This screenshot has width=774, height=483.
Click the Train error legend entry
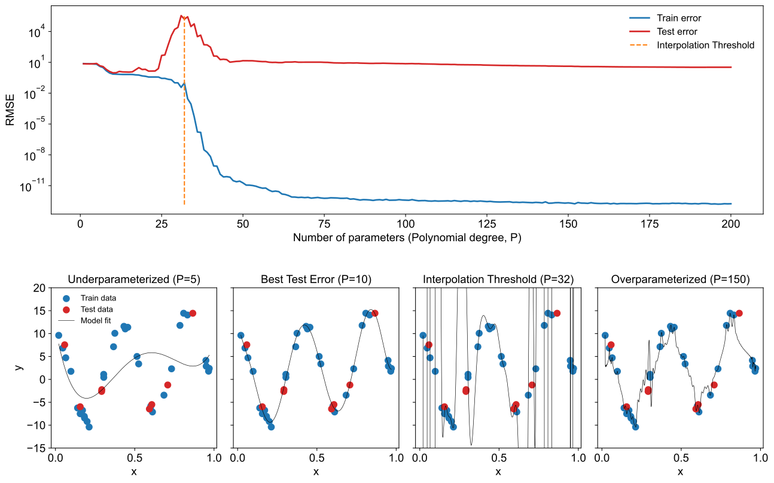(x=678, y=18)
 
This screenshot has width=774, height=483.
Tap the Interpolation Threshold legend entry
(x=705, y=45)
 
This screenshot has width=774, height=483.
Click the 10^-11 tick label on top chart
(x=32, y=187)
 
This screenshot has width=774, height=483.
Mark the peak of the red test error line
(x=181, y=16)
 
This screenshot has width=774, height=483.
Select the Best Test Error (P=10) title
(x=316, y=280)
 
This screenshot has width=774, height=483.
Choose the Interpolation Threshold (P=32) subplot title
(x=498, y=280)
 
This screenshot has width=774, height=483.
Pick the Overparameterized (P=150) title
(x=680, y=280)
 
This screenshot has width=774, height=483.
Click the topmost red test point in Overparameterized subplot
(x=739, y=313)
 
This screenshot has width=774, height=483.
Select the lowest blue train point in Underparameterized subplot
(x=89, y=427)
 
